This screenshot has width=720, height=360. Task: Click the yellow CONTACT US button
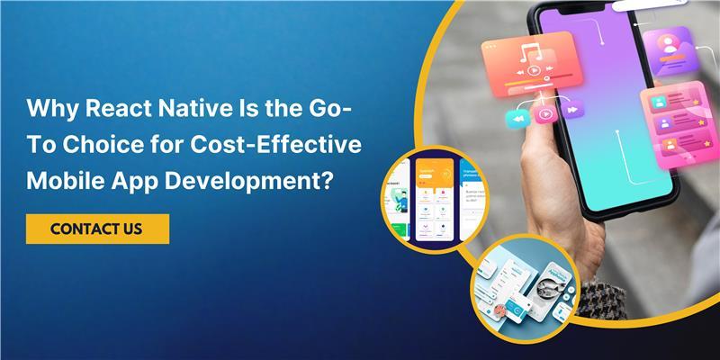click(x=96, y=229)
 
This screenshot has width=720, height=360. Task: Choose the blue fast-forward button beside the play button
click(x=571, y=111)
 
